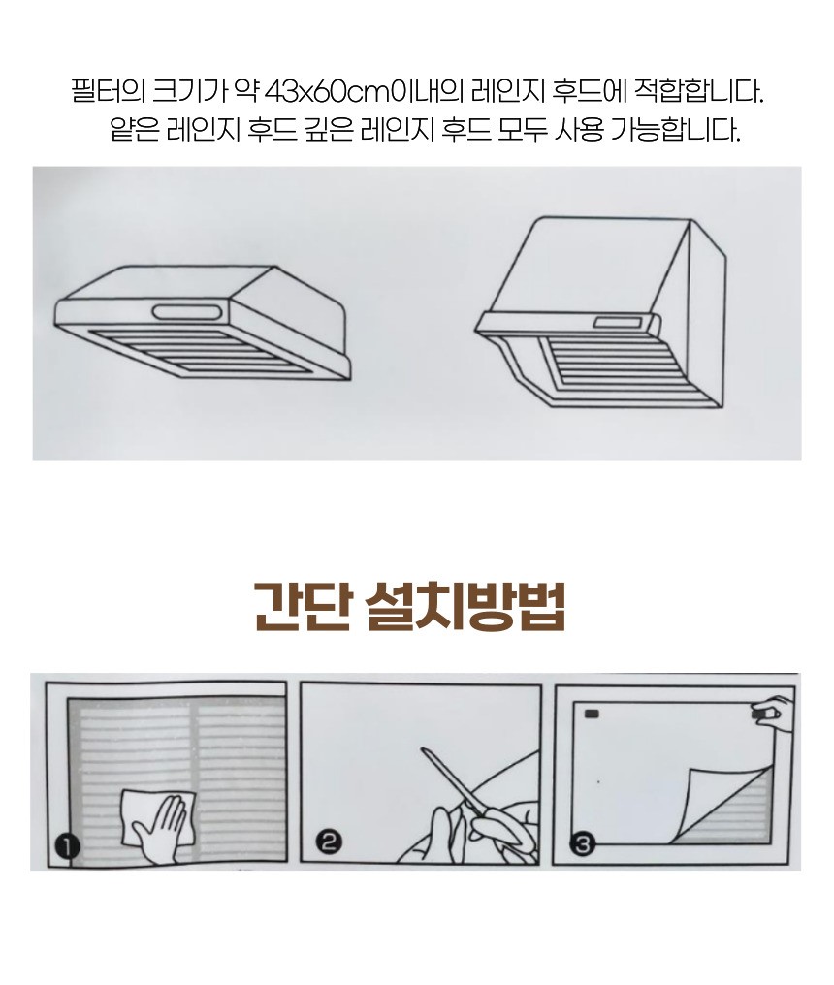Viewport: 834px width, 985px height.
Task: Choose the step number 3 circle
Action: tap(583, 845)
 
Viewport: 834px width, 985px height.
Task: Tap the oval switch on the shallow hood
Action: tap(189, 312)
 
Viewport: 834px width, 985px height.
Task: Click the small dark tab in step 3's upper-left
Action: tap(593, 715)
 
